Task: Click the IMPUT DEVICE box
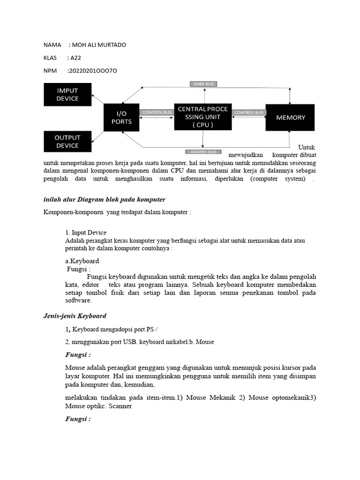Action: pyautogui.click(x=67, y=94)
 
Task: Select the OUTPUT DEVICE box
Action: pyautogui.click(x=67, y=142)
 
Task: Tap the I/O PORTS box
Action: pyautogui.click(x=121, y=117)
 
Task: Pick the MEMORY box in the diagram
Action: pyautogui.click(x=290, y=117)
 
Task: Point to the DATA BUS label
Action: pyautogui.click(x=203, y=84)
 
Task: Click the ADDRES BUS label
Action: pyautogui.click(x=203, y=152)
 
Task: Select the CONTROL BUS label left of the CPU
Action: pyautogui.click(x=157, y=112)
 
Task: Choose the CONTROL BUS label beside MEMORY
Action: pyautogui.click(x=249, y=112)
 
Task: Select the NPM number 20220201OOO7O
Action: pyautogui.click(x=92, y=71)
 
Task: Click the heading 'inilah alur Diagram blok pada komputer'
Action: pyautogui.click(x=105, y=200)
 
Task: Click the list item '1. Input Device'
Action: pyautogui.click(x=86, y=232)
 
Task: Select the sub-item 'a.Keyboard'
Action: pyautogui.click(x=82, y=261)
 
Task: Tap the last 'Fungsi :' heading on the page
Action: pyautogui.click(x=78, y=419)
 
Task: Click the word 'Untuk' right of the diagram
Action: pyautogui.click(x=307, y=147)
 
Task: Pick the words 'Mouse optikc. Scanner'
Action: pyautogui.click(x=98, y=406)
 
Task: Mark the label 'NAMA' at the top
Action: pyautogui.click(x=52, y=45)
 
